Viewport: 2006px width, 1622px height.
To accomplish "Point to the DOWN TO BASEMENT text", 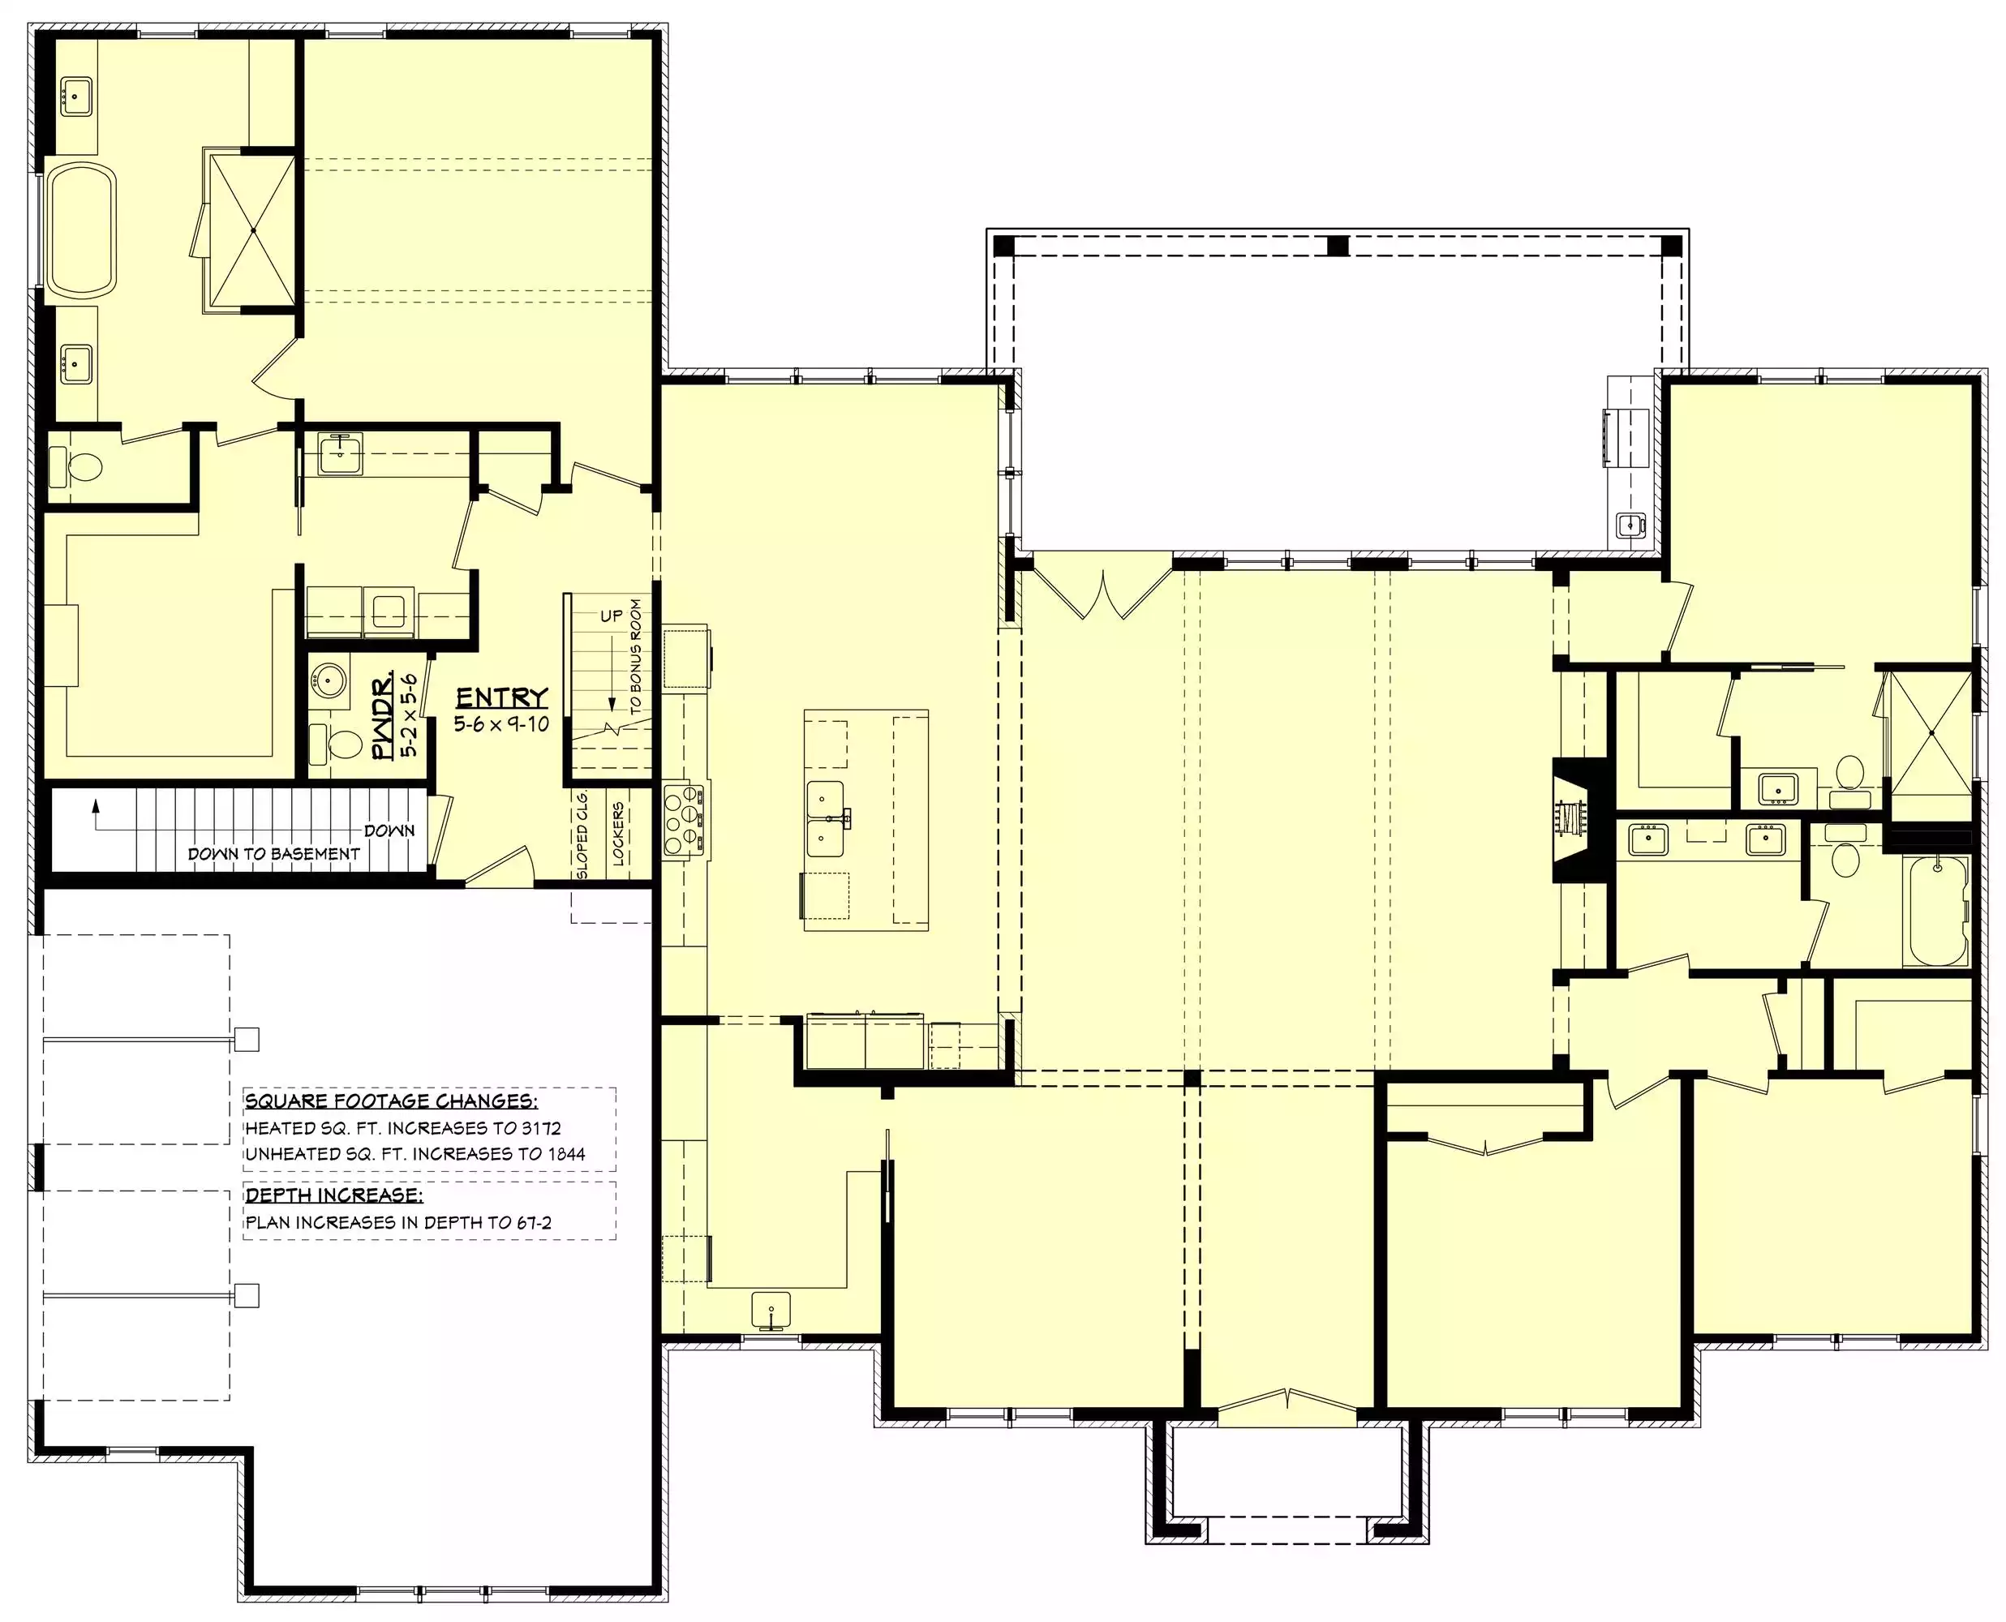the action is pyautogui.click(x=273, y=854).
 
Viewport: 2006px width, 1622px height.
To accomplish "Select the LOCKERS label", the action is pyautogui.click(x=619, y=834).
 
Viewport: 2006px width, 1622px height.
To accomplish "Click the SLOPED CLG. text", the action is pyautogui.click(x=583, y=835).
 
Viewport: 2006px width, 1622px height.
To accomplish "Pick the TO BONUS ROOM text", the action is pyautogui.click(x=636, y=657).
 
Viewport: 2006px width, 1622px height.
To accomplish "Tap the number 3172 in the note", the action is pyautogui.click(x=541, y=1128).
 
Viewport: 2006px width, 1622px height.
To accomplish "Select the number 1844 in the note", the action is pyautogui.click(x=565, y=1154).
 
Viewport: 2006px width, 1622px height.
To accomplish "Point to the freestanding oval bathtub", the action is pyautogui.click(x=82, y=230).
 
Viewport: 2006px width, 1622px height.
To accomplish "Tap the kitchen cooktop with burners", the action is pyautogui.click(x=682, y=822).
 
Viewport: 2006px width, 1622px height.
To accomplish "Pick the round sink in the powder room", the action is pyautogui.click(x=329, y=680).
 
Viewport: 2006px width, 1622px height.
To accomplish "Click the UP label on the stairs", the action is pyautogui.click(x=611, y=616).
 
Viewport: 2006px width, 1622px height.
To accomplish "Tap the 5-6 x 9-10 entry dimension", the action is pyautogui.click(x=502, y=724).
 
